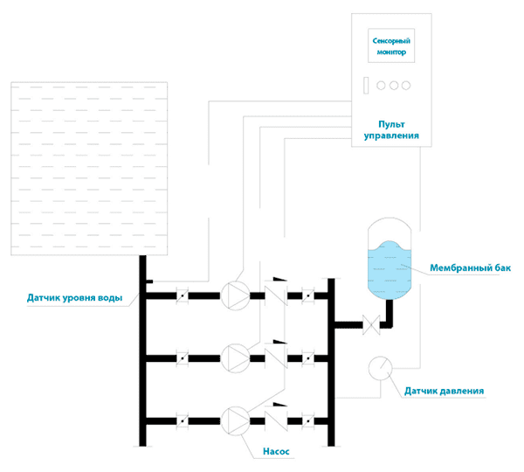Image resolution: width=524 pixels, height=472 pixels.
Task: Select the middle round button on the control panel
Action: click(393, 85)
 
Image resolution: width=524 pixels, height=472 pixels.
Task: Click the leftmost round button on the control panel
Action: click(381, 85)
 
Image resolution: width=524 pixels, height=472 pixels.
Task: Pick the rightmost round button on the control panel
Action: click(405, 85)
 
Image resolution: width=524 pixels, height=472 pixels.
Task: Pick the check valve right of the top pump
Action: click(277, 295)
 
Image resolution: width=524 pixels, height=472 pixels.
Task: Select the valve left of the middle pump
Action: click(182, 357)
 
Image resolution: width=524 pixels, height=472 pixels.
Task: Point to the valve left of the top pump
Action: click(182, 295)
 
